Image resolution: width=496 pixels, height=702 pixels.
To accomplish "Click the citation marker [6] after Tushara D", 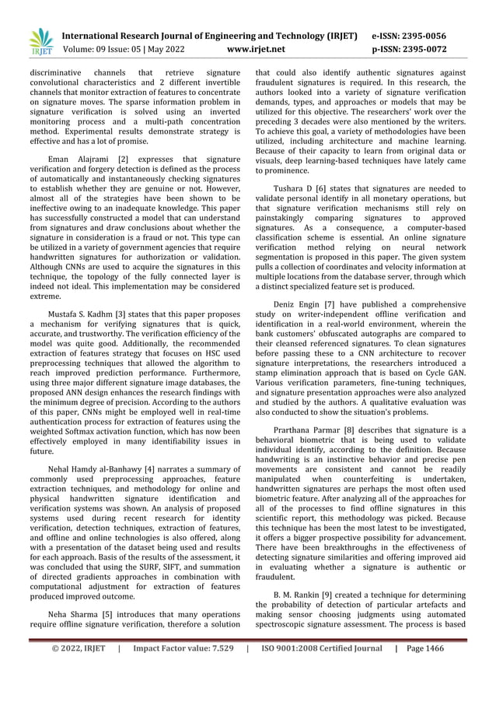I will (331, 188).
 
